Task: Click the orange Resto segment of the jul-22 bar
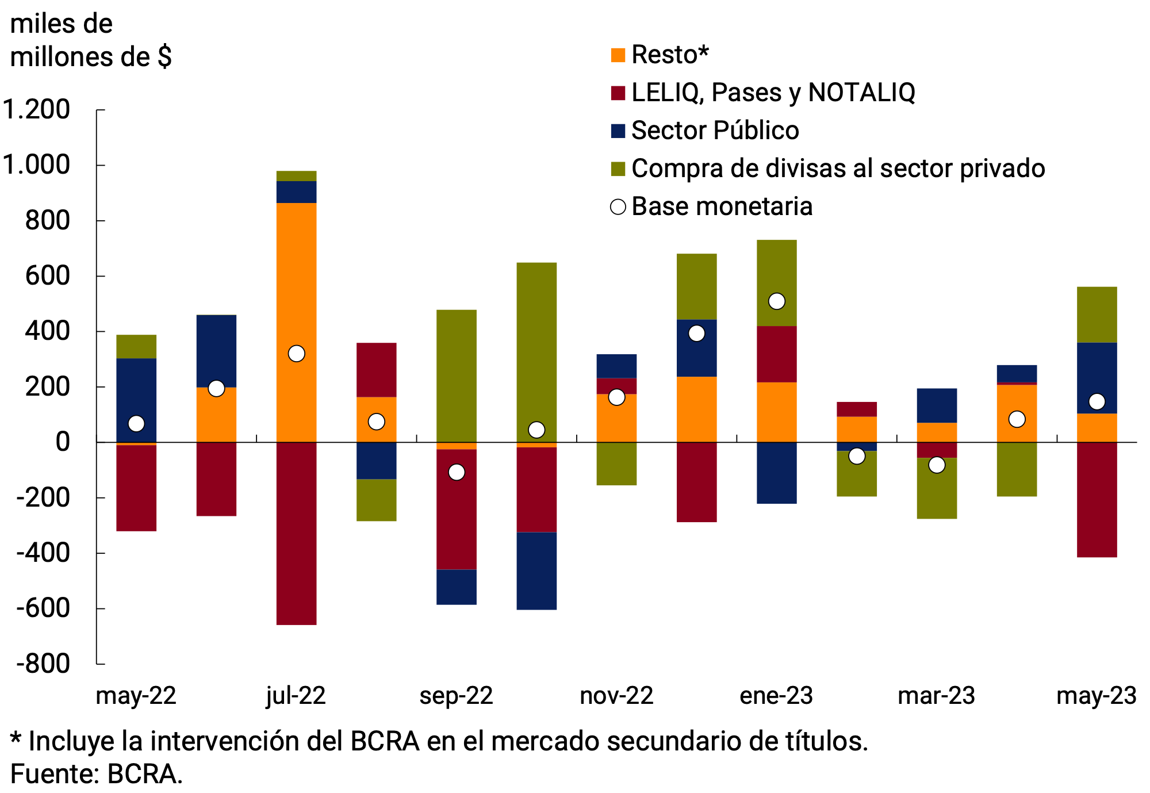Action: [x=296, y=288]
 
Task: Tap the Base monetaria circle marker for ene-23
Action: [x=776, y=301]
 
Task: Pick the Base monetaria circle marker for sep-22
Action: [x=456, y=472]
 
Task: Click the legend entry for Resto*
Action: [x=669, y=55]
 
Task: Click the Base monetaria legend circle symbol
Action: [x=618, y=206]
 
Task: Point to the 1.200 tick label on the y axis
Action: [x=37, y=109]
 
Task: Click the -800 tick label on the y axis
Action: [x=44, y=664]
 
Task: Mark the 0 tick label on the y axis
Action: [x=62, y=442]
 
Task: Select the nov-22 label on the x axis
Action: [x=616, y=696]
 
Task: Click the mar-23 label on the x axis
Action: [x=936, y=696]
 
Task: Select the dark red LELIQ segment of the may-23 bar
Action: [x=1097, y=500]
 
